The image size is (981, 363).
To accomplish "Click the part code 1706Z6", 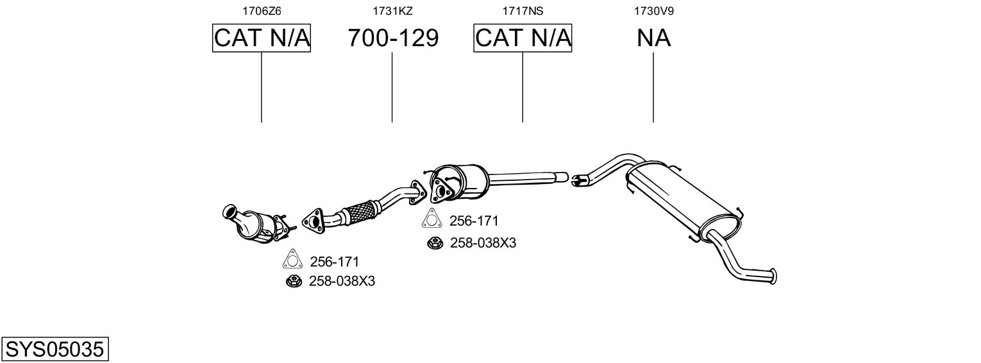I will point(262,11).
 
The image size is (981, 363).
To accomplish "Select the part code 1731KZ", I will point(392,11).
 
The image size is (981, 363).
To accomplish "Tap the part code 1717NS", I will point(523,11).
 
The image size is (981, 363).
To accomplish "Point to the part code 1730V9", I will point(653,11).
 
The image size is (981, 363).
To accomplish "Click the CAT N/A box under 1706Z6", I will point(262,38).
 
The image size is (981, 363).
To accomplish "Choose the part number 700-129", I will point(392,38).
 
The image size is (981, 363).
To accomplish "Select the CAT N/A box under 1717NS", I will point(523,38).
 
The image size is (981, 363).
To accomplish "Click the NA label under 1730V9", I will point(653,38).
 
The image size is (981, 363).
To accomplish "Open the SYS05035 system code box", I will point(55,350).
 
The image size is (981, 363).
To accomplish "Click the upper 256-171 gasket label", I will point(474,221).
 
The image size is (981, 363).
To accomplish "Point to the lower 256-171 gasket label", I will point(334,262).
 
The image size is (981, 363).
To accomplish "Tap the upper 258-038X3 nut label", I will point(483,243).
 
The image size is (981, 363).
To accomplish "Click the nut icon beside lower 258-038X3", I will point(294,282).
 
